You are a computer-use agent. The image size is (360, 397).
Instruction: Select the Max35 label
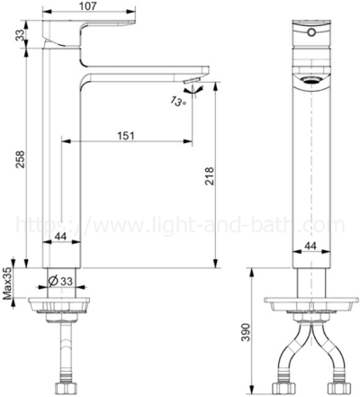[7, 283]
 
